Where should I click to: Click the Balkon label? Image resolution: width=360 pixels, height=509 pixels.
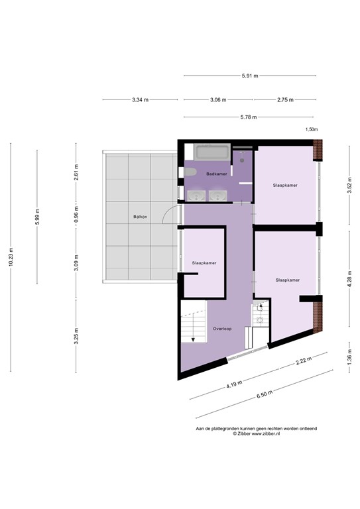tap(140, 217)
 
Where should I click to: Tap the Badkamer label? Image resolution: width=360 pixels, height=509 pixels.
tap(217, 174)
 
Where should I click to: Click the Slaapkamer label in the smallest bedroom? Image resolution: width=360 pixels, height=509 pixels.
tap(204, 262)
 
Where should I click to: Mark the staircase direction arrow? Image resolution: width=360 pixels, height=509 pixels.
tap(192, 337)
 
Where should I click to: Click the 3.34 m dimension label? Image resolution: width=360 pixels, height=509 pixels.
tap(140, 99)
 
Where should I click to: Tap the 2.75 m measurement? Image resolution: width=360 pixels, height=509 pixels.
tap(286, 99)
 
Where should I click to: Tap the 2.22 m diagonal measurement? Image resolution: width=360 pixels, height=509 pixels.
tap(304, 362)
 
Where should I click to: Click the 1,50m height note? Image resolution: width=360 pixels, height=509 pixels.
tap(311, 130)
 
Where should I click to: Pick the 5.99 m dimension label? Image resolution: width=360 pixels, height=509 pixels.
tap(38, 217)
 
